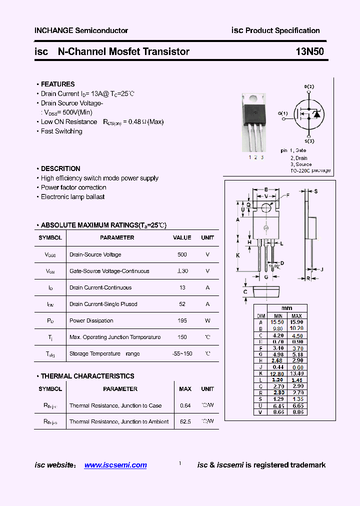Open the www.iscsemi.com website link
tap(115, 465)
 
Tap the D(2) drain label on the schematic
tap(309, 86)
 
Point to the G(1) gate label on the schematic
tap(283, 113)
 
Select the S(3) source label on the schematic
tap(309, 141)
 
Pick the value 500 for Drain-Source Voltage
tap(182, 254)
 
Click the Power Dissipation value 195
tap(182, 320)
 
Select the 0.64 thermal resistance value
tap(185, 405)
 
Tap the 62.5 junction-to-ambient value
tap(185, 421)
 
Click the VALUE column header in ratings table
tap(182, 238)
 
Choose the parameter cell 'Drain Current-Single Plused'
tap(103, 304)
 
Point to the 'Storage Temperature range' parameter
tap(104, 353)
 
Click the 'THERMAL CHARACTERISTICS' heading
tap(87, 376)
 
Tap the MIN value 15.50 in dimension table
tap(277, 322)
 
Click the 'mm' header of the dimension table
tap(286, 308)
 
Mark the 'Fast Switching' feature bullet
tap(61, 131)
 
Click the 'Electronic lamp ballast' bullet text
tap(72, 197)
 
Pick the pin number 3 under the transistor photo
tap(262, 157)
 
